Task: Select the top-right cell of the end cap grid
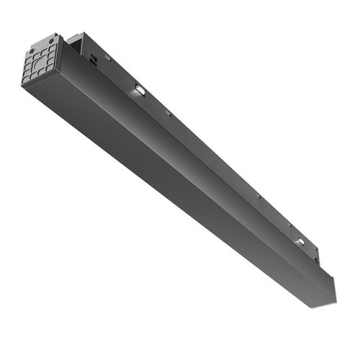pos(53,50)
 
